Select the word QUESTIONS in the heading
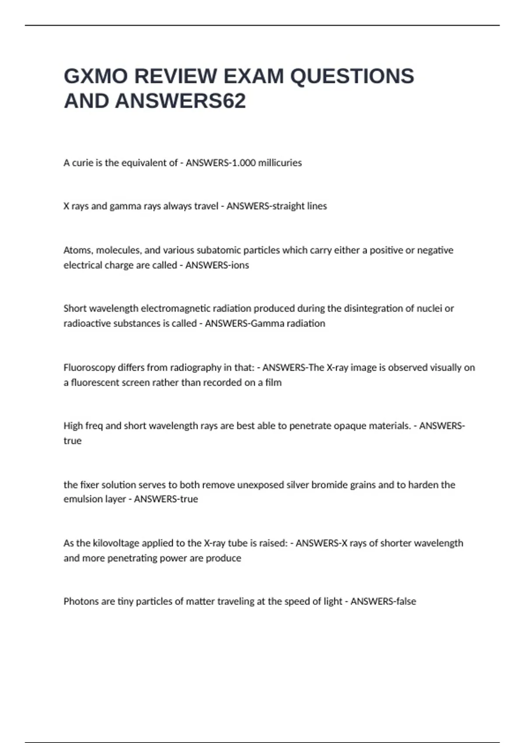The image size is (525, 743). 352,76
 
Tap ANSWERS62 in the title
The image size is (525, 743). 180,101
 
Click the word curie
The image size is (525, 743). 83,163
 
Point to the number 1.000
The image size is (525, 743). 242,163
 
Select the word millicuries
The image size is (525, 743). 280,163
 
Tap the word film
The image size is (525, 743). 273,382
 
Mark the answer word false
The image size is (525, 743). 406,601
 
